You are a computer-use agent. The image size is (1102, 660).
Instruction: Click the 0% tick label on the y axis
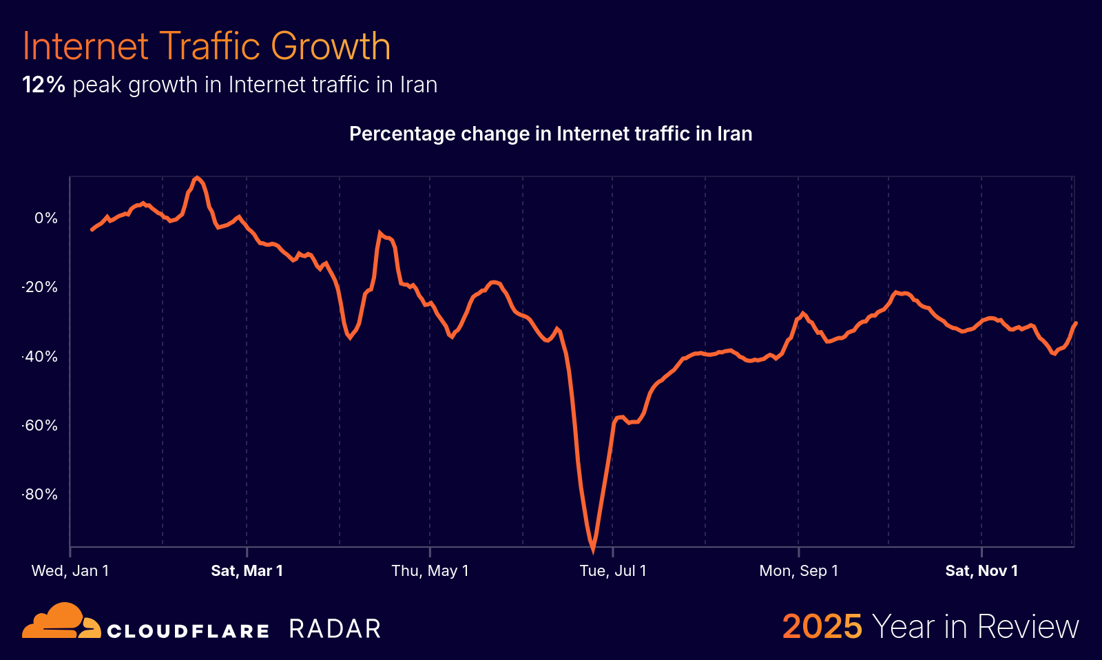coord(46,218)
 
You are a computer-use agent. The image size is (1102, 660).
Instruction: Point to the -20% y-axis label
coord(41,287)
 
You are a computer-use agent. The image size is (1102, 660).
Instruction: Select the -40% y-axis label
coord(41,357)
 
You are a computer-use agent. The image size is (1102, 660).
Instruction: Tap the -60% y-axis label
coord(41,426)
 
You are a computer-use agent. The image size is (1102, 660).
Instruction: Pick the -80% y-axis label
coord(41,495)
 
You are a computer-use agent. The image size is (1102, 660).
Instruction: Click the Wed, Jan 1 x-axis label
coord(70,570)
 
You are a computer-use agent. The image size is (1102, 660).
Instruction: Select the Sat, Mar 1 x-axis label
coord(247,570)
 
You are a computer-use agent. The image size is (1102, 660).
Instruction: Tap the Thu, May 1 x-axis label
coord(430,570)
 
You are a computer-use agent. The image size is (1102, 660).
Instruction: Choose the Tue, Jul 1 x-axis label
coord(613,570)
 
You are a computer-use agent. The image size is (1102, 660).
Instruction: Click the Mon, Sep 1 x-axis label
coord(798,570)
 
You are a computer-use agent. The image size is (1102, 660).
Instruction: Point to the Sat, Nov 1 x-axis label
coord(981,570)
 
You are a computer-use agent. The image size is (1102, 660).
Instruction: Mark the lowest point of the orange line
coord(593,550)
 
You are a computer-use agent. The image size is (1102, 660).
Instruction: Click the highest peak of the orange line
coord(197,178)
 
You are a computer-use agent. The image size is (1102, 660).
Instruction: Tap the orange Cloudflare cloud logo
coord(61,621)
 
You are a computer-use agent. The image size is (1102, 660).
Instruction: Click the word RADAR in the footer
coord(335,629)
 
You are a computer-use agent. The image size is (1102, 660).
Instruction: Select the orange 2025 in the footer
coord(822,627)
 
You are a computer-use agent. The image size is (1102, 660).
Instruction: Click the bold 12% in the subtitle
coord(43,85)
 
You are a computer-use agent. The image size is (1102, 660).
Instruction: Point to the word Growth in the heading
coord(331,47)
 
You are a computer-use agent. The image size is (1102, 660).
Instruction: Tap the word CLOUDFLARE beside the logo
coord(187,631)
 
